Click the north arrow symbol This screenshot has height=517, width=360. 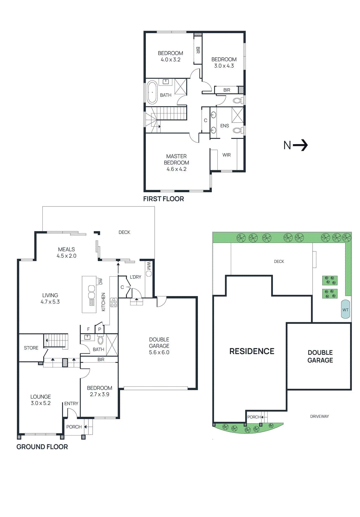click(x=300, y=145)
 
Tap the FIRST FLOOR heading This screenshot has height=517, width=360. click(x=163, y=199)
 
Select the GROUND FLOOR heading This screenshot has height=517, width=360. click(x=42, y=447)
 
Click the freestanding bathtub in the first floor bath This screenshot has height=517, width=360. click(x=152, y=92)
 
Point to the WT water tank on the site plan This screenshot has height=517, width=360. click(x=345, y=310)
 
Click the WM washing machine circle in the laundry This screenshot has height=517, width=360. click(x=149, y=273)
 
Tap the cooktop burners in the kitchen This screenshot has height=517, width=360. click(x=114, y=302)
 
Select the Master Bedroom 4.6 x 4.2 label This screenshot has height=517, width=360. click(x=176, y=163)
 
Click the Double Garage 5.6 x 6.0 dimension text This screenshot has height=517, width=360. click(x=159, y=352)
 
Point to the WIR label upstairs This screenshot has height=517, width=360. click(x=226, y=155)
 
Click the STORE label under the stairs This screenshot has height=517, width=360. click(x=31, y=348)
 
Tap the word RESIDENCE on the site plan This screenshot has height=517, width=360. click(x=252, y=351)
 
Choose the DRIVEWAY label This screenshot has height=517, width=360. click(x=319, y=417)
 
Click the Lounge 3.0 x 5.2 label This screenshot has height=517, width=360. click(x=41, y=400)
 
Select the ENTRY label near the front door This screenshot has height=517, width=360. click(x=71, y=404)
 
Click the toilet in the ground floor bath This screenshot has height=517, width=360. click(x=100, y=340)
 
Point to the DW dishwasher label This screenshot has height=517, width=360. click(x=100, y=281)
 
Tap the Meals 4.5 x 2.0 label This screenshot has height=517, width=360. click(x=67, y=252)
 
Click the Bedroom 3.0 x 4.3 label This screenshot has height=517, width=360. click(x=224, y=62)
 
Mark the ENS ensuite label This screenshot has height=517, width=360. click(x=224, y=126)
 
